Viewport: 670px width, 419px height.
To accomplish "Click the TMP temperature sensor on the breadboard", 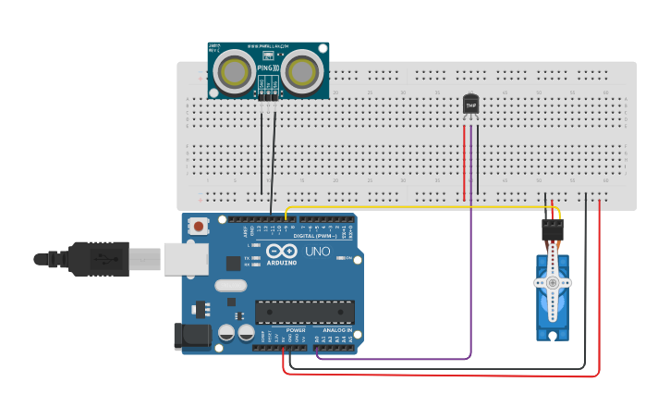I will [471, 105].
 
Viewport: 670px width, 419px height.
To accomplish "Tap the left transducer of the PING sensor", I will [235, 71].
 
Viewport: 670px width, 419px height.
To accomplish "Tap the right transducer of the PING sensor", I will [302, 71].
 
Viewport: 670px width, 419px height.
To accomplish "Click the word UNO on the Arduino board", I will [317, 252].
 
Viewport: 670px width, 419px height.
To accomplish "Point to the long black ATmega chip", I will [304, 312].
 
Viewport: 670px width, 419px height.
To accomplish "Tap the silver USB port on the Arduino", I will [186, 260].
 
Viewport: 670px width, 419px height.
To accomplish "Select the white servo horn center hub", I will [553, 283].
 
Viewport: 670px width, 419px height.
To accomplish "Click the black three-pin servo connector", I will [553, 228].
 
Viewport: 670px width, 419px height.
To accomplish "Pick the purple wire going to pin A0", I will [470, 277].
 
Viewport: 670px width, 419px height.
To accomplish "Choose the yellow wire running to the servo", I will [416, 207].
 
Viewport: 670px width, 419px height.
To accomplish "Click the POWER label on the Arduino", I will [296, 330].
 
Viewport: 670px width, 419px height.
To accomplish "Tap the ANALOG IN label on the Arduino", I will [336, 330].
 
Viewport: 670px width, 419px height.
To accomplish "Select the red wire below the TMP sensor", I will [464, 162].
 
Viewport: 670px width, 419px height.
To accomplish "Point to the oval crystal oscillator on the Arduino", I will [230, 286].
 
